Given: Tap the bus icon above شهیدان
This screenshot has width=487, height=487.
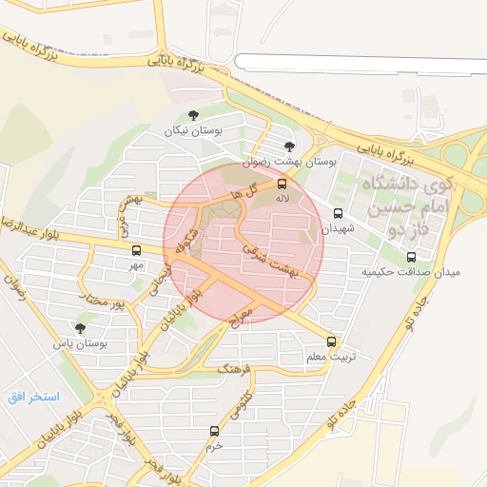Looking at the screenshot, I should pos(338,214).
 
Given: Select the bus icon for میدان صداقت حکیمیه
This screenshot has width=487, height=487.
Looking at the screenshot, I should pos(411,257).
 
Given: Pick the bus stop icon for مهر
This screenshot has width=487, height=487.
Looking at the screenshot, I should pos(136,250).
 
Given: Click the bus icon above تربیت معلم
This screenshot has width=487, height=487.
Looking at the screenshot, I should pos(331,341).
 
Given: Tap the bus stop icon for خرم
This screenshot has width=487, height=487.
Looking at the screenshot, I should pos(214,431).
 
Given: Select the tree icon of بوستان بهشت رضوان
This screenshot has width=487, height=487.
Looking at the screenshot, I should pos(289,146).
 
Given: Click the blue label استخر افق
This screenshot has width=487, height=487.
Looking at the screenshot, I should pos(34,396).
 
